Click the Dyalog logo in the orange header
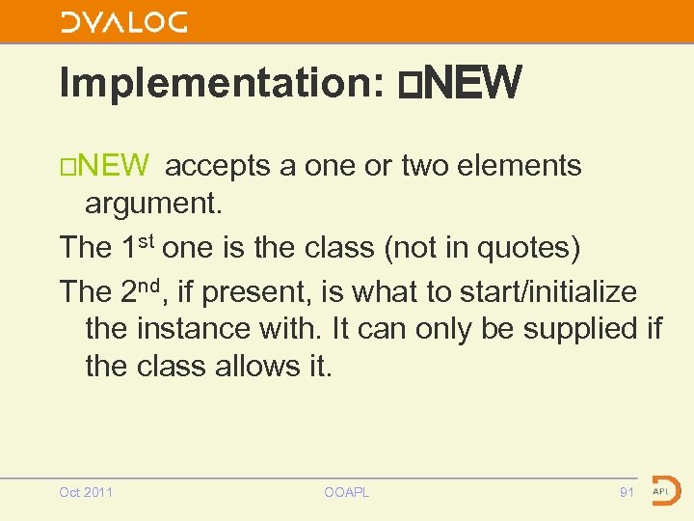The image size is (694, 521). [123, 22]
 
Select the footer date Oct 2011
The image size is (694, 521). [86, 492]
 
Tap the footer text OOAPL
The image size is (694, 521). [347, 492]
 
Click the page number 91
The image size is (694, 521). [627, 492]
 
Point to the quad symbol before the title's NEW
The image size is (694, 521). [408, 84]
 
